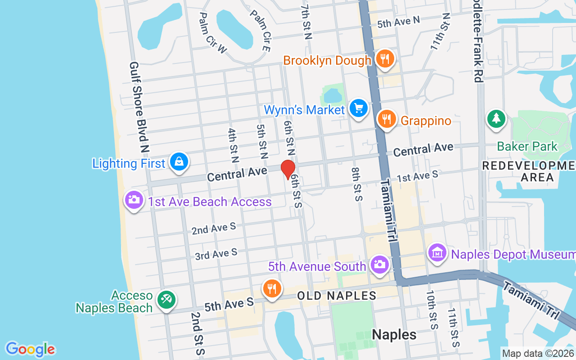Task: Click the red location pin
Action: tap(288, 169)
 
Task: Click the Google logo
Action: tap(31, 349)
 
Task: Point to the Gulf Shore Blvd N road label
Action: tap(139, 107)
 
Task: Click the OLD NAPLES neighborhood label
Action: tap(337, 296)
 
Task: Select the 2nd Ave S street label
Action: tap(214, 229)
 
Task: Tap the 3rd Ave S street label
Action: tap(216, 254)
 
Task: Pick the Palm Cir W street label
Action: tap(213, 33)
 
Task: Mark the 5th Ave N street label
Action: tap(398, 22)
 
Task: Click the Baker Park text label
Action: tap(527, 146)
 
